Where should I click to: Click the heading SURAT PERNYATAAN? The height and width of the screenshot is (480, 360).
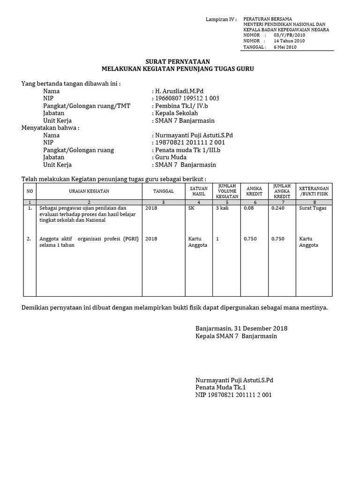pyautogui.click(x=177, y=62)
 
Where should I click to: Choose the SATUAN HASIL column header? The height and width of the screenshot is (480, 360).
pyautogui.click(x=199, y=191)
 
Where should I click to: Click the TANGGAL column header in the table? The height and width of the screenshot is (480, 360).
pyautogui.click(x=163, y=191)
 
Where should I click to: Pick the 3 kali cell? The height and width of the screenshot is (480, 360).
pyautogui.click(x=222, y=208)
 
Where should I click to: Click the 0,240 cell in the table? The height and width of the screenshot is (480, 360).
pyautogui.click(x=278, y=208)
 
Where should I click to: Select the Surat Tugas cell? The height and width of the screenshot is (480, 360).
pyautogui.click(x=313, y=208)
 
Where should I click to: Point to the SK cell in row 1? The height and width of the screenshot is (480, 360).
pyautogui.click(x=191, y=208)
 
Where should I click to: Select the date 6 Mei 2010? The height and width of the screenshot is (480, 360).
pyautogui.click(x=285, y=47)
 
